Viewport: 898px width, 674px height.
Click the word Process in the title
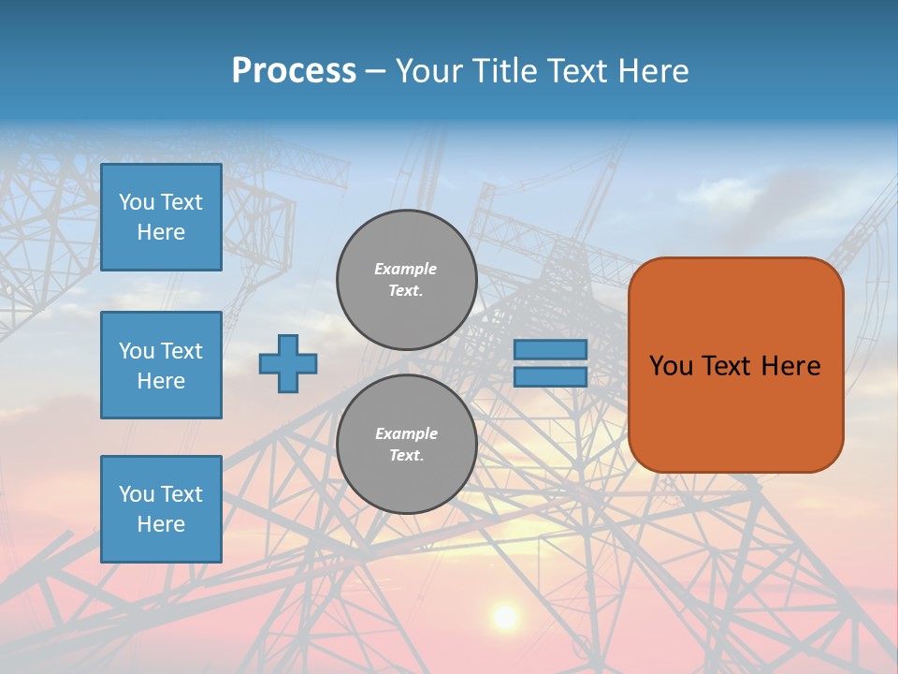[294, 71]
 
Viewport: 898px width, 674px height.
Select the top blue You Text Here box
[161, 217]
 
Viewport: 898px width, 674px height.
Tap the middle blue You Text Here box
[161, 365]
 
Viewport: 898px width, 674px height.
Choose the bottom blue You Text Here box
[161, 509]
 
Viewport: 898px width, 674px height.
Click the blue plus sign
[288, 363]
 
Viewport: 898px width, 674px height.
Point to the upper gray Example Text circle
[406, 279]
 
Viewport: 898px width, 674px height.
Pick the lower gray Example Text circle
[406, 444]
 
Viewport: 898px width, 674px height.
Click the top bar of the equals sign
[550, 349]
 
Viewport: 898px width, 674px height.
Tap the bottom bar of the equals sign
[550, 376]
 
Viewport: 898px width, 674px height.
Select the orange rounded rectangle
[735, 412]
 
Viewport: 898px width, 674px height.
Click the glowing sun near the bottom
[505, 617]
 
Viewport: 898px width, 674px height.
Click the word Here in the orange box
[790, 366]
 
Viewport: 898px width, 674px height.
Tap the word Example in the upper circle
[406, 269]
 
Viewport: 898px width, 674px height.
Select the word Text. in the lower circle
[406, 455]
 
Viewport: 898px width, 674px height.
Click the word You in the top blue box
[137, 202]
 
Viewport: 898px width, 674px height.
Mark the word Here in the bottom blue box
[161, 524]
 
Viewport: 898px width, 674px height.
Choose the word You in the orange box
[671, 366]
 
